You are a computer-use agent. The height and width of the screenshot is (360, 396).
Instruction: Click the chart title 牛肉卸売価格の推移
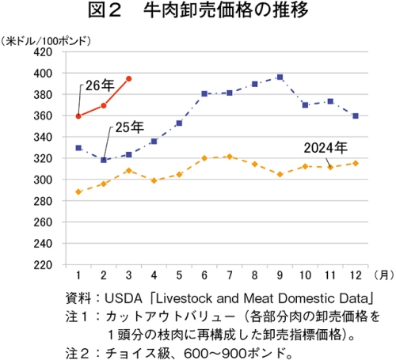[x=226, y=10]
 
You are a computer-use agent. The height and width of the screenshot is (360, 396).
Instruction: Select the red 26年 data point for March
[x=129, y=78]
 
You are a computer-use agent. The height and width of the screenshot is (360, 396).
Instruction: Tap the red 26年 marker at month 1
[x=78, y=116]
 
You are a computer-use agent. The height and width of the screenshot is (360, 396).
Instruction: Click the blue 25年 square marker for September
[x=280, y=77]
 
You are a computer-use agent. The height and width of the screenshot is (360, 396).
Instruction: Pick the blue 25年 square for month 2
[x=104, y=160]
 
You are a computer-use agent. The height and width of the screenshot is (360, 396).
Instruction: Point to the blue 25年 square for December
[x=356, y=116]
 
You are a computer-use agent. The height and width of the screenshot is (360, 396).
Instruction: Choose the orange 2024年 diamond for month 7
[x=230, y=157]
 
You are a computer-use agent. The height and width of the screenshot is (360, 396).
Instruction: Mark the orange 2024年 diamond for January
[x=78, y=191]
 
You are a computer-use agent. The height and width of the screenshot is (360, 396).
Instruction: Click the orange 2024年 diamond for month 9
[x=280, y=174]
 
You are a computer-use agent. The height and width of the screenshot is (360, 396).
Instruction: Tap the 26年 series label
[x=100, y=85]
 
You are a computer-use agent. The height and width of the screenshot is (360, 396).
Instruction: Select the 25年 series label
[x=130, y=127]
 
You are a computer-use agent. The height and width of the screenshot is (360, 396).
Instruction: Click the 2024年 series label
[x=326, y=148]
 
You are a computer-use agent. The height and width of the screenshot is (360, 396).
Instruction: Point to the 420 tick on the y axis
[x=43, y=52]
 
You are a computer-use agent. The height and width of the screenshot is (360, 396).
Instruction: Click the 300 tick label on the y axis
[x=43, y=180]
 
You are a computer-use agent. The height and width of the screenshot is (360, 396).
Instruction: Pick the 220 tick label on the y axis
[x=43, y=265]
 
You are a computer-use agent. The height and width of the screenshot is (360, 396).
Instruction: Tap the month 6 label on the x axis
[x=204, y=275]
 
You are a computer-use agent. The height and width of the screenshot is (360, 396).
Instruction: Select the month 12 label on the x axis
[x=356, y=275]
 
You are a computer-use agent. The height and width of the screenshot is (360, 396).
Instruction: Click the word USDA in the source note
[x=124, y=298]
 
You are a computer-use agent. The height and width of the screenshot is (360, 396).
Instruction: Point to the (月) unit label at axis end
[x=383, y=275]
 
